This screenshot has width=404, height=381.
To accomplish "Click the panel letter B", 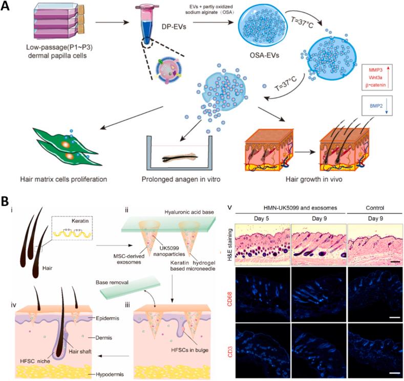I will click(7, 199).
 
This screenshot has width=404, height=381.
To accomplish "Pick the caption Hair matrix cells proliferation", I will click(66, 179).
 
